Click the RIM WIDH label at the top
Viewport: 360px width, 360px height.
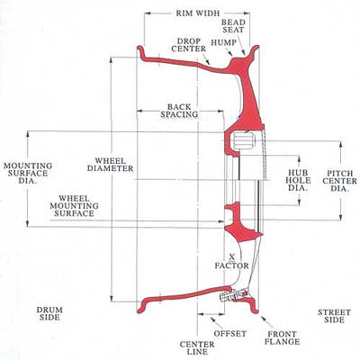pos(198,13)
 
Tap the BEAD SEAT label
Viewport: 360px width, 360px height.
pos(233,26)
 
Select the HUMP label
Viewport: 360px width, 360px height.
pos(223,42)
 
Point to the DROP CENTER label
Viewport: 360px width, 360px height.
pos(189,45)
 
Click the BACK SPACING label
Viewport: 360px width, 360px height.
pos(179,111)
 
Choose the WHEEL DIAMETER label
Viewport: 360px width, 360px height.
pos(111,165)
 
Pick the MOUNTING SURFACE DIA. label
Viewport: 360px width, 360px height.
pos(28,174)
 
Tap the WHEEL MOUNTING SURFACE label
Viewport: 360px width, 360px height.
pos(74,206)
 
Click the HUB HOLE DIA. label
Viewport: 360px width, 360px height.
pos(298,181)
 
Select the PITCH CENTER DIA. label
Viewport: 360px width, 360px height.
pos(340,181)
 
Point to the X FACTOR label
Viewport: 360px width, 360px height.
pos(231,261)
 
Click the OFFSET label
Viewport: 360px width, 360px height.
pos(230,334)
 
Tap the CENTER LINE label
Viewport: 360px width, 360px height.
pos(197,348)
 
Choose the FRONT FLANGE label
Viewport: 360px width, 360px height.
pos(283,337)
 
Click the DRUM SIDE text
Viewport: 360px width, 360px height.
pos(49,313)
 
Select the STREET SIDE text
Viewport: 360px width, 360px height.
pos(334,316)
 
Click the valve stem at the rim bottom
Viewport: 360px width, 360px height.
pos(234,295)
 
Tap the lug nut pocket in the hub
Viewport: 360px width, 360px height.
pos(243,140)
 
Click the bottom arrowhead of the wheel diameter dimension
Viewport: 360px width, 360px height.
pos(112,298)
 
